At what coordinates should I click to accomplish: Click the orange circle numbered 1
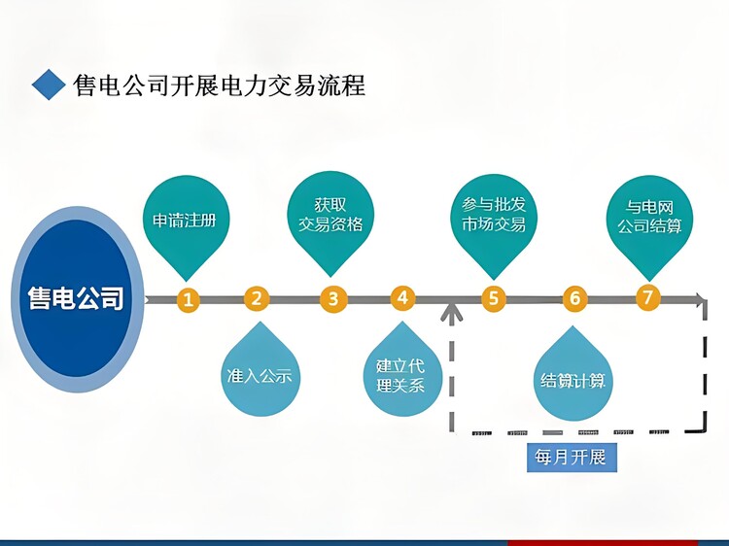point(188,300)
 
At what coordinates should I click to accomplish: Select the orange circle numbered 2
point(257,299)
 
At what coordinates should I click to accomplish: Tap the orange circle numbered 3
point(333,299)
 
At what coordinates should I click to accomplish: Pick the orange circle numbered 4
point(402,298)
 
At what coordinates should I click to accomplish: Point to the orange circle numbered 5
point(493,298)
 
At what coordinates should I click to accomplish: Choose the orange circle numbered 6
point(575,298)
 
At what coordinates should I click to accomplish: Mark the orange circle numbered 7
point(648,297)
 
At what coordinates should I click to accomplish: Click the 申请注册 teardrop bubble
point(186,223)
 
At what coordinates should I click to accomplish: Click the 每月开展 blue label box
point(572,458)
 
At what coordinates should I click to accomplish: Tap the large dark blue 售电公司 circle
point(77,299)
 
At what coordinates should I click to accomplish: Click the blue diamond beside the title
point(49,85)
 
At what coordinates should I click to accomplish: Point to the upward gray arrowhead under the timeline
point(451,311)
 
